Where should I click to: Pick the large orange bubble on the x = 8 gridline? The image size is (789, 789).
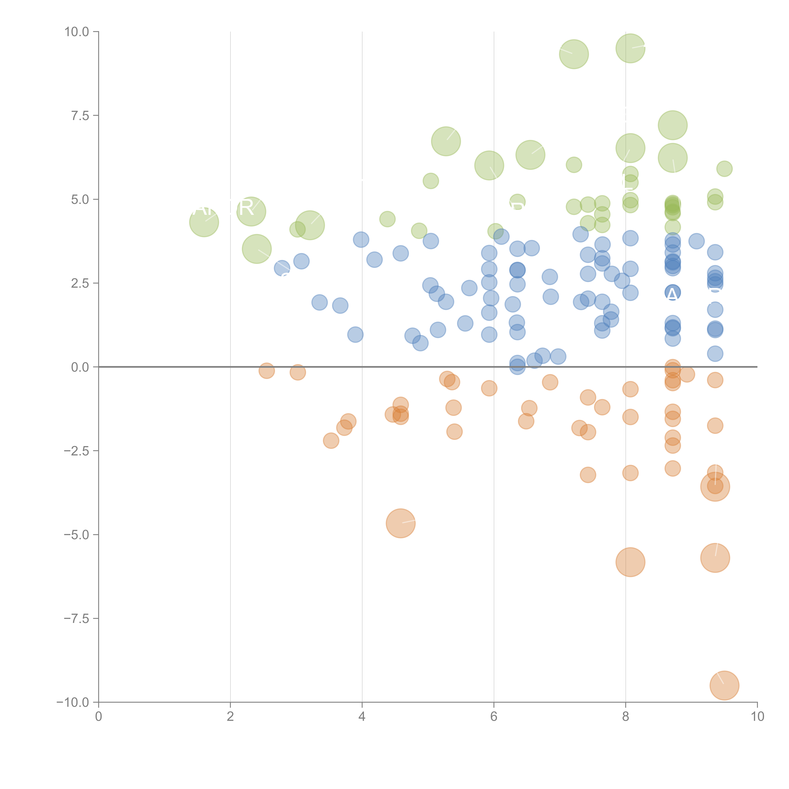pos(630,562)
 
